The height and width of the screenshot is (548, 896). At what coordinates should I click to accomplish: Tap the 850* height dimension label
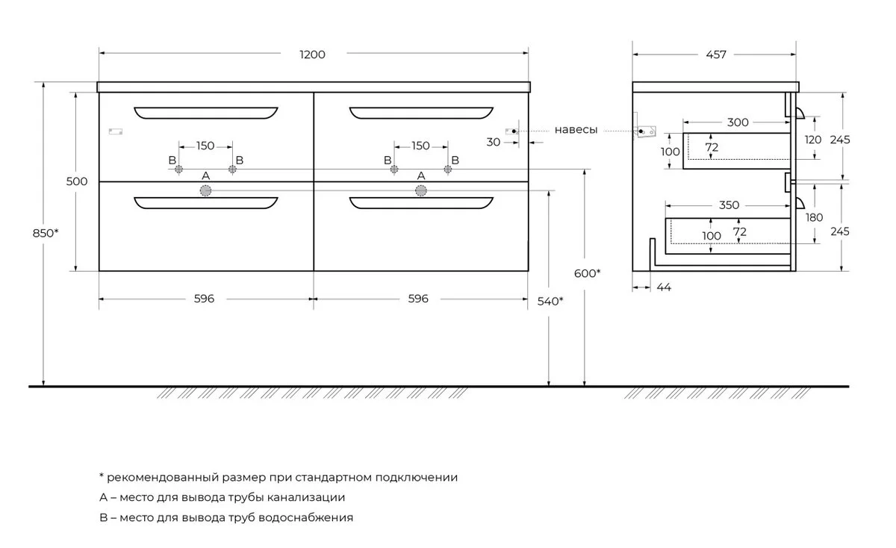point(45,233)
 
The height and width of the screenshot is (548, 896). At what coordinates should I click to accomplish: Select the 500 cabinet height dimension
point(77,181)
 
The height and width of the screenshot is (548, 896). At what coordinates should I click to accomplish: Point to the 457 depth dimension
point(714,55)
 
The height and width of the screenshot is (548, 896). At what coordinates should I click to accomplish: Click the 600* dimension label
point(588,273)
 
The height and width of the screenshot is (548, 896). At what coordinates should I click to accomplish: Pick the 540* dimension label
point(550,302)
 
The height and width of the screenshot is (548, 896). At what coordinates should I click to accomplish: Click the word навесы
point(576,130)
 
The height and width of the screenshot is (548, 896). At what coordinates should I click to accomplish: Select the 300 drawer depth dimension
point(738,122)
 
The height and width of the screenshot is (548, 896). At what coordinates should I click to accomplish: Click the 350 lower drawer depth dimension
point(729,205)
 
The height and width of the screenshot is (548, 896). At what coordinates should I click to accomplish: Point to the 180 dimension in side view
point(814,217)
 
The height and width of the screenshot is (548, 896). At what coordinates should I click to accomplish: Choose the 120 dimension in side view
point(814,140)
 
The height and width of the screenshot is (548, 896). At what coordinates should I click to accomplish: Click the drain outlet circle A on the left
point(205,191)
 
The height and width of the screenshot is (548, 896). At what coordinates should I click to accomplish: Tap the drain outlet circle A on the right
point(421,191)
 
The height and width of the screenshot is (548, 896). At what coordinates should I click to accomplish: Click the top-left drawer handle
point(205,113)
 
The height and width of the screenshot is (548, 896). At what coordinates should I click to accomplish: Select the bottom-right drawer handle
point(421,203)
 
